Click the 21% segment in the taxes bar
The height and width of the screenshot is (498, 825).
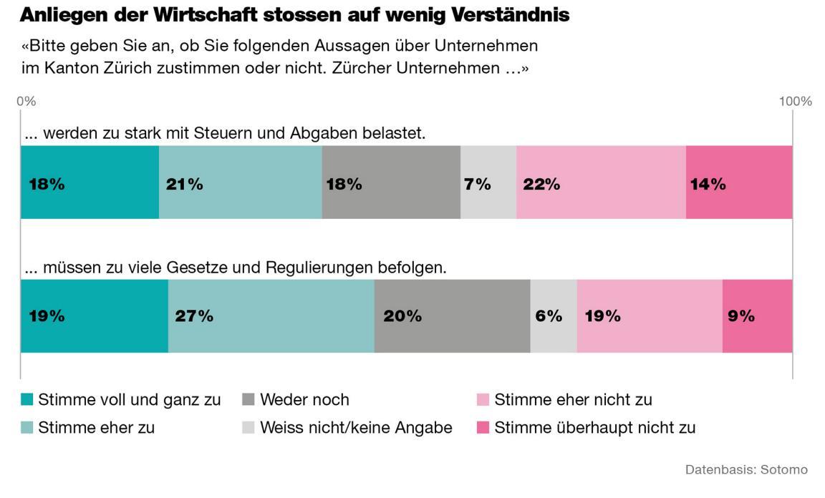coord(240,182)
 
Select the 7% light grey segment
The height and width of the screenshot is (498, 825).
coord(488,182)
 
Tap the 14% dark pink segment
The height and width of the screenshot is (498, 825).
coord(738,182)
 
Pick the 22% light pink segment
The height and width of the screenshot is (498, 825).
coord(601,182)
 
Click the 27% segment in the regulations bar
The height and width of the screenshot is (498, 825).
coord(271,316)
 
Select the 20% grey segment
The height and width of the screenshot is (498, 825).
coord(452,316)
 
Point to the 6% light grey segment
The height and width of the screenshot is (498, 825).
coord(553,316)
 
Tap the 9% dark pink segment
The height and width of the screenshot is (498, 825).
coord(757,316)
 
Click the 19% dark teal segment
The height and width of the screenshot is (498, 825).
coord(94,316)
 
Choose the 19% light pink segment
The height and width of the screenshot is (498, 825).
coord(650,316)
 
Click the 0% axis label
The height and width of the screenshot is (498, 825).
coord(26,102)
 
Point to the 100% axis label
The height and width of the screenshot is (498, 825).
coord(795,102)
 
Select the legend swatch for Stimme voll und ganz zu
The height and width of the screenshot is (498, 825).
coord(26,399)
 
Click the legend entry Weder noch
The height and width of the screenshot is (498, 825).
coord(304,399)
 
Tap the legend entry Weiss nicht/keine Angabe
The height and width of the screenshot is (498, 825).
coord(356,428)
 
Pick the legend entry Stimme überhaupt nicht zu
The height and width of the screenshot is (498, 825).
coord(594,428)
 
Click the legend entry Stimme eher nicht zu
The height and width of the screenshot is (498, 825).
coord(573,399)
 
